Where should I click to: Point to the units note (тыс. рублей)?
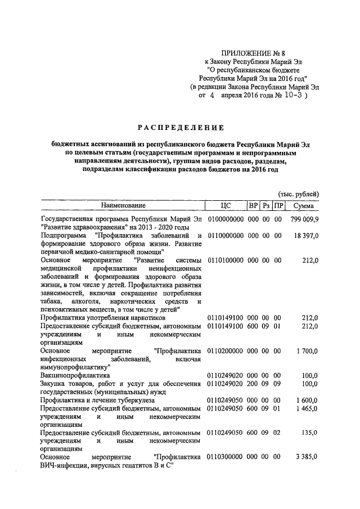click(299, 193)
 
